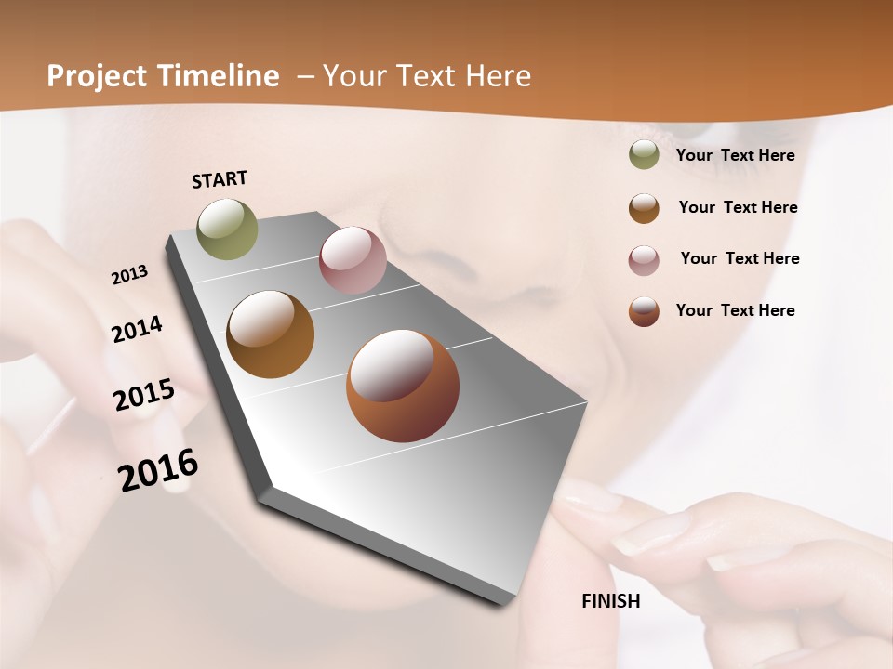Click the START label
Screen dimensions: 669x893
220,179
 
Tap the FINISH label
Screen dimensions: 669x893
610,601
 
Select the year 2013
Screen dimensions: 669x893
129,275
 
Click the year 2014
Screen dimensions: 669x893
137,330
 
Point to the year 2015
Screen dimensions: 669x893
143,395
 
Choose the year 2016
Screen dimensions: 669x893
158,469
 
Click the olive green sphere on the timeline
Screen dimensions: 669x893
227,229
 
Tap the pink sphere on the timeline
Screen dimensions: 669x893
353,260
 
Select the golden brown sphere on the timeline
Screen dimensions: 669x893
270,334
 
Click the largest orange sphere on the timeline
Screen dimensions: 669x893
402,386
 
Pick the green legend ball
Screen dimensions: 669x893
644,155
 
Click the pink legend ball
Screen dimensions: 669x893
644,260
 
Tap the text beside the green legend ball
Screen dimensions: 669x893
735,155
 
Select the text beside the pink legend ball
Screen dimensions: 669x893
740,258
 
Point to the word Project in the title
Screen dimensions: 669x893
98,76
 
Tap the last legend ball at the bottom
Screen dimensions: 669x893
644,311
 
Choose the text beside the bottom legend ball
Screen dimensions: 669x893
735,310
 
